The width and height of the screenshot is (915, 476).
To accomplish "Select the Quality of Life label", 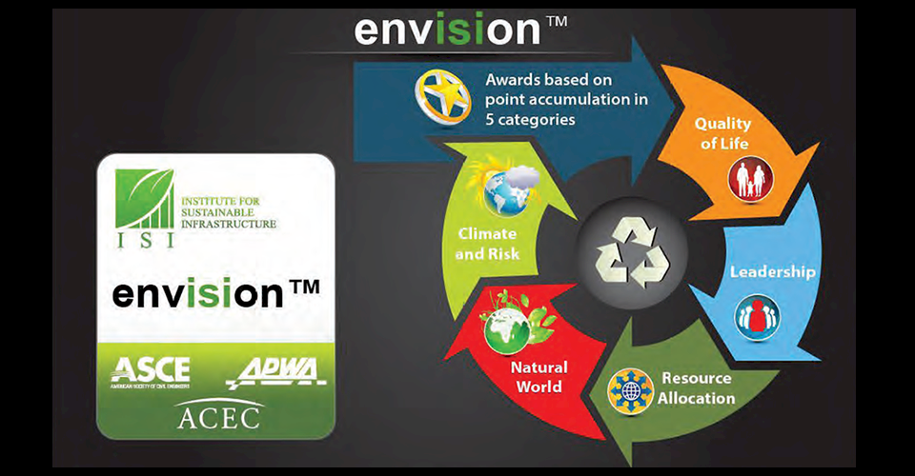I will click(722, 133).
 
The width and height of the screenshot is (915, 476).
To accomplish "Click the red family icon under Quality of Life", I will click(749, 179).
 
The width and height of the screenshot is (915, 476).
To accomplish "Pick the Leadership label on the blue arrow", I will click(772, 272).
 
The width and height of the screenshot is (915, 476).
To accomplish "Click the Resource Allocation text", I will click(696, 387).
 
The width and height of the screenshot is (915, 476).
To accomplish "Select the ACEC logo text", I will click(218, 415).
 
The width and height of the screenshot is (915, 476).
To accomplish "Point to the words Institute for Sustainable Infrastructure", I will click(228, 212).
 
